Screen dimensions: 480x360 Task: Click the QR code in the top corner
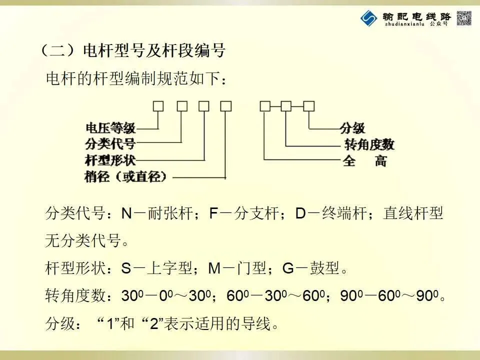pyautogui.click(x=464, y=18)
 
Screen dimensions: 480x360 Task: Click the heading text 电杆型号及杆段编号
pyautogui.click(x=154, y=51)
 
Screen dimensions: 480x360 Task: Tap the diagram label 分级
pyautogui.click(x=352, y=127)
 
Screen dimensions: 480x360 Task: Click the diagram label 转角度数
pyautogui.click(x=369, y=144)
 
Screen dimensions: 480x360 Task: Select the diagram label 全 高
pyautogui.click(x=365, y=161)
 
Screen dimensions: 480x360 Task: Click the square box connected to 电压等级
pyautogui.click(x=158, y=106)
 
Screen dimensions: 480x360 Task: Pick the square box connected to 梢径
pyautogui.click(x=226, y=106)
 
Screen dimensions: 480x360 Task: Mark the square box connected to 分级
pyautogui.click(x=309, y=106)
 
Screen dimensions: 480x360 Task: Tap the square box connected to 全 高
pyautogui.click(x=265, y=106)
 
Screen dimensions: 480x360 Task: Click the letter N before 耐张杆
pyautogui.click(x=127, y=214)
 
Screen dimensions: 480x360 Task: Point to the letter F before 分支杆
pyautogui.click(x=213, y=214)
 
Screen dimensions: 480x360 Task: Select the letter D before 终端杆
pyautogui.click(x=300, y=214)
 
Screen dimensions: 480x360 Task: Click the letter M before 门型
pyautogui.click(x=214, y=268)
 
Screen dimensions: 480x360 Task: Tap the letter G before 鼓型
pyautogui.click(x=288, y=268)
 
